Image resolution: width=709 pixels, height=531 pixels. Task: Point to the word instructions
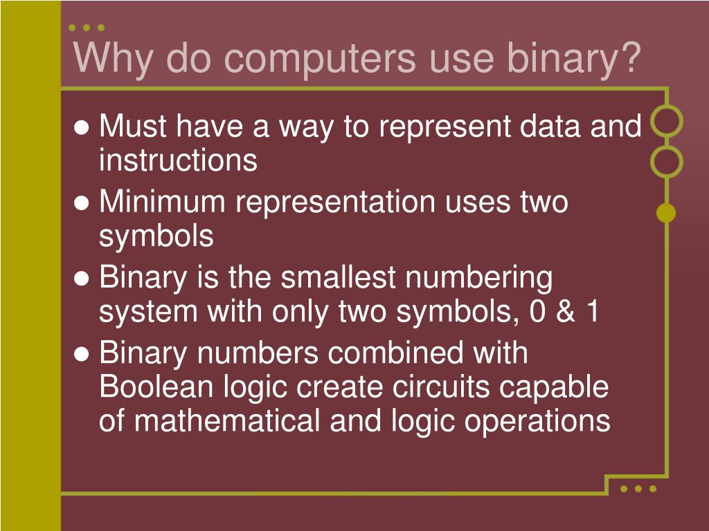pos(178,160)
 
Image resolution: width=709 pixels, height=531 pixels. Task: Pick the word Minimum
pos(163,202)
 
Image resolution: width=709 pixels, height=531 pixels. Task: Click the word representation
pos(336,202)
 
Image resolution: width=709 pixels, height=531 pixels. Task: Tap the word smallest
pos(340,278)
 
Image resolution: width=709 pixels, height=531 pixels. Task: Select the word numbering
pos(479,278)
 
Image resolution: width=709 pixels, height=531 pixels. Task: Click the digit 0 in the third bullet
pos(535,313)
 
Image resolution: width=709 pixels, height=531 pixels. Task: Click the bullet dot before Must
pos(82,128)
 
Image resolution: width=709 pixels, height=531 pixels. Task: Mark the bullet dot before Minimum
pos(82,203)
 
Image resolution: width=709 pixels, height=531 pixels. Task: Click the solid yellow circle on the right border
pos(666,214)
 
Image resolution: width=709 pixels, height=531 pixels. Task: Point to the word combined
pos(396,353)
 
